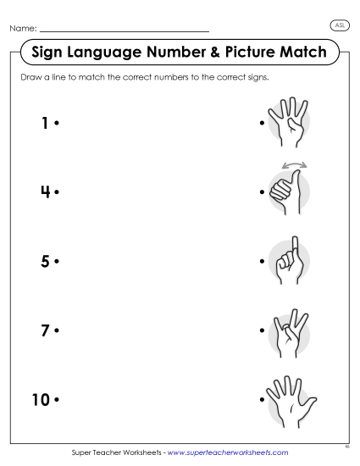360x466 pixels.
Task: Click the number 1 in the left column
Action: [x=44, y=124]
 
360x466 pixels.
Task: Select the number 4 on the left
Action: [x=44, y=191]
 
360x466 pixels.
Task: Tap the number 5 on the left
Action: [x=44, y=261]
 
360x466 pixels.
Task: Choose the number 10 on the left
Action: [x=41, y=398]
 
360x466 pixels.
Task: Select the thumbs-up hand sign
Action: [x=286, y=194]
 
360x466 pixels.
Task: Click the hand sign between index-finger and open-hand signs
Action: [x=288, y=330]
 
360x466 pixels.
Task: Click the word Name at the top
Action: [x=22, y=29]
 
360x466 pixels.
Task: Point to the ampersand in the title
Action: [x=224, y=53]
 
